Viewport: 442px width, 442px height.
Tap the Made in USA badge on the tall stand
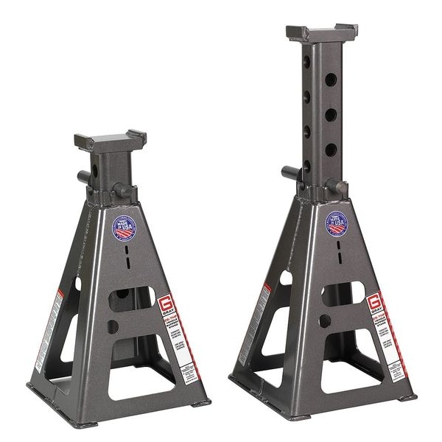(x=337, y=223)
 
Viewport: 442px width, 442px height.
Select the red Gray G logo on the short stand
(x=164, y=303)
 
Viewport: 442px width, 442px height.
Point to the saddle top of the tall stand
(x=322, y=33)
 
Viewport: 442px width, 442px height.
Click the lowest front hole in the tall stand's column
(x=331, y=150)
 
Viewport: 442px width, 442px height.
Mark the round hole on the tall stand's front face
(x=325, y=320)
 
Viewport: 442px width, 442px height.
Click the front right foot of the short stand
(x=198, y=403)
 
